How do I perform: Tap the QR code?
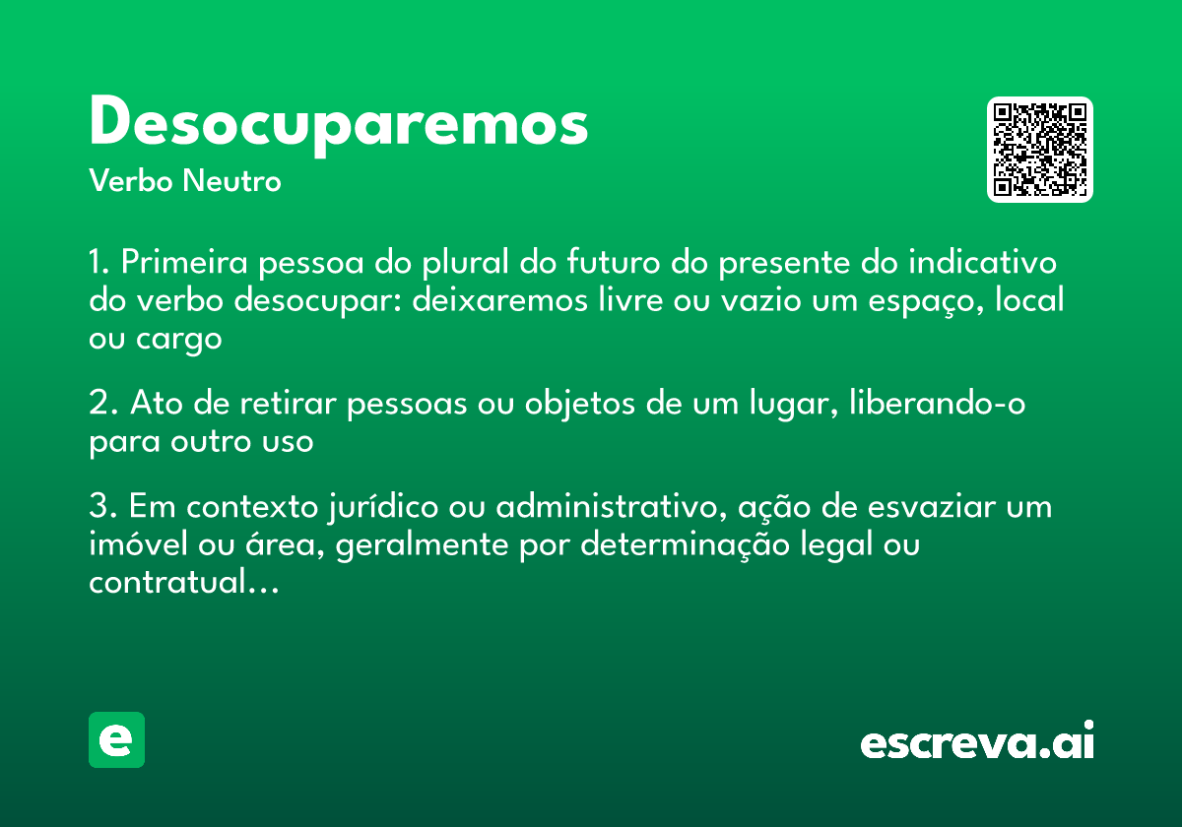point(1040,150)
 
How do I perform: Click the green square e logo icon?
point(116,740)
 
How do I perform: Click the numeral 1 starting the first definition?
point(97,264)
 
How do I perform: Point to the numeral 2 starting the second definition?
point(98,404)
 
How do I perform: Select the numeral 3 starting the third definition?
point(98,508)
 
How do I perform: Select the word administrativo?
point(606,508)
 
